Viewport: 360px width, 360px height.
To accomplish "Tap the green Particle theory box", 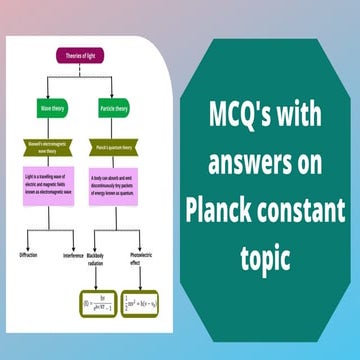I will pos(115,107).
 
